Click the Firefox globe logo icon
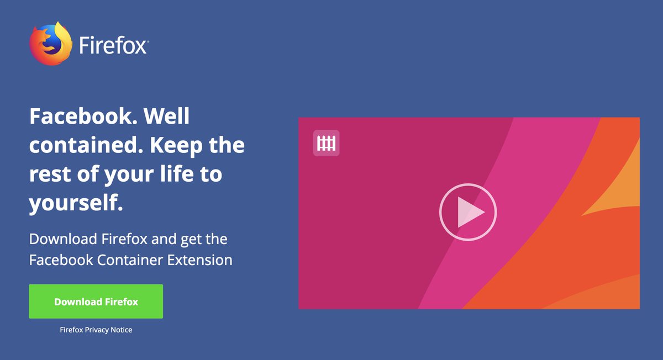click(x=51, y=44)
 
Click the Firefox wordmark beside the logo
click(x=113, y=45)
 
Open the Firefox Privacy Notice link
click(x=96, y=330)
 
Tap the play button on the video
click(x=468, y=212)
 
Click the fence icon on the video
click(x=326, y=144)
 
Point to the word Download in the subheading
click(x=64, y=239)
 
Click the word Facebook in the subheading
click(x=61, y=260)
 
